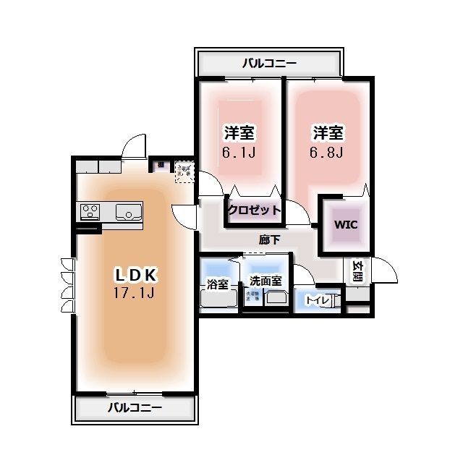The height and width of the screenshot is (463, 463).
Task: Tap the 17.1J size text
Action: [x=135, y=293]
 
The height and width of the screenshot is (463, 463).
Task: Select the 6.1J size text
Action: [x=239, y=153]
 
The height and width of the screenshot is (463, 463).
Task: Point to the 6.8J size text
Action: [x=328, y=153]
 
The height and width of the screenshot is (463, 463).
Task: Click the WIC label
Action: [x=345, y=224]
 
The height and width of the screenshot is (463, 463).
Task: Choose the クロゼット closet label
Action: [x=253, y=211]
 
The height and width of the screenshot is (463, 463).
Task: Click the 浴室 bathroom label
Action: [x=218, y=284]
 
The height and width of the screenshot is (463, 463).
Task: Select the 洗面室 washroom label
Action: [x=266, y=281]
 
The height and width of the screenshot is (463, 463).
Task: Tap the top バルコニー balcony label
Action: [x=268, y=64]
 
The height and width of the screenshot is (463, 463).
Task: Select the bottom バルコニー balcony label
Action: [x=135, y=408]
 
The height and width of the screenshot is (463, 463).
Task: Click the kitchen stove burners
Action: [x=90, y=212]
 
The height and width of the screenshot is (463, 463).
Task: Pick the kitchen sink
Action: [x=128, y=212]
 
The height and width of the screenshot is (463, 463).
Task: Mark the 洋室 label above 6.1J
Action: [x=239, y=133]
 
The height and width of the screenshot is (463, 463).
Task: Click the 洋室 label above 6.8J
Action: [x=328, y=133]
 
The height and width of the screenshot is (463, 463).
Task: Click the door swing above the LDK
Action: [x=134, y=147]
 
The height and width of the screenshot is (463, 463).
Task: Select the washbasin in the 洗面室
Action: [x=276, y=297]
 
